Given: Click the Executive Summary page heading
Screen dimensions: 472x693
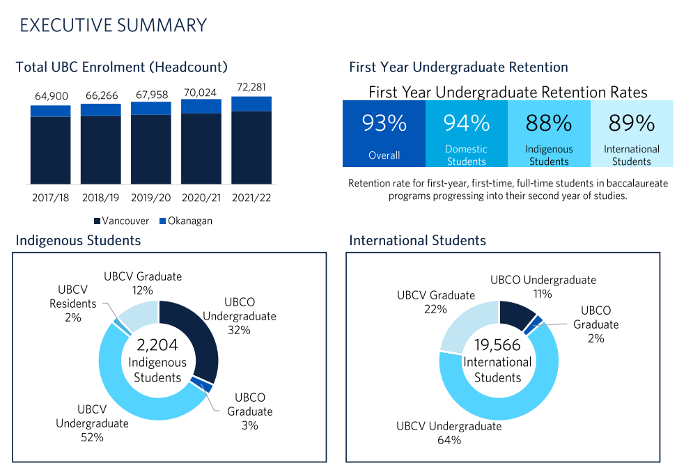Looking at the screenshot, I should [x=114, y=25].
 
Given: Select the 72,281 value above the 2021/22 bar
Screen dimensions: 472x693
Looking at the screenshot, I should [x=251, y=88].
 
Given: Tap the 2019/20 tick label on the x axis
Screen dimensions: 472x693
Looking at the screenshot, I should [x=151, y=198].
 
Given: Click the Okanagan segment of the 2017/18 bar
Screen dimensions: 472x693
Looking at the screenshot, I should [x=50, y=111].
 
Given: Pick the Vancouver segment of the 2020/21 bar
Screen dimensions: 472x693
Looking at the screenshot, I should [x=201, y=148].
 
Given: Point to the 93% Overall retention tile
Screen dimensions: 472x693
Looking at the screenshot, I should [x=384, y=134].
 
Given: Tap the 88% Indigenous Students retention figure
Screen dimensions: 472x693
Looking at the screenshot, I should [x=549, y=124].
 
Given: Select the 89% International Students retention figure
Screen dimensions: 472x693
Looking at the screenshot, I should [x=632, y=124].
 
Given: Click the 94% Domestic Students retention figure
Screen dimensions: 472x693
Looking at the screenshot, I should [x=467, y=124].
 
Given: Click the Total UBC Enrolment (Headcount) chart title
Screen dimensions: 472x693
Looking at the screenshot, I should [x=122, y=68].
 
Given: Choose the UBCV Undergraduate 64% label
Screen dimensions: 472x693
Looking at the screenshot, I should [x=449, y=433].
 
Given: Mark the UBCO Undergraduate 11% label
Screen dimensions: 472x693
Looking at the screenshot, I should [x=543, y=287].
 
